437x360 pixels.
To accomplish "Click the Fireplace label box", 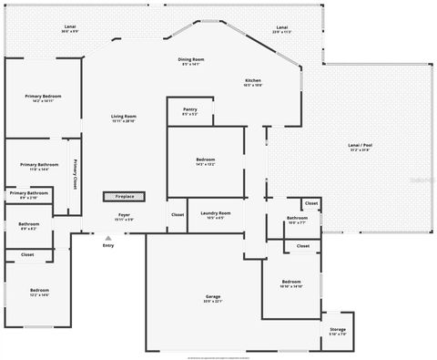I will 123,196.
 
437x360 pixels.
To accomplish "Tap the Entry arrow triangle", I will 108,238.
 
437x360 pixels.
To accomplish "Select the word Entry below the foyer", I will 108,245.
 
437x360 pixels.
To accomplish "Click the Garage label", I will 213,297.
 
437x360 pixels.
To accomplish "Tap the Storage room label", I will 338,330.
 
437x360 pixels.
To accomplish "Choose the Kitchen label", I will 253,81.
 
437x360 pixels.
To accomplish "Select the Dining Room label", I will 191,60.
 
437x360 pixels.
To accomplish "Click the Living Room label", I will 124,117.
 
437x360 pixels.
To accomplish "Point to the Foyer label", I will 124,216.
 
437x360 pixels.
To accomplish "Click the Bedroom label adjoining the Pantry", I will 206,160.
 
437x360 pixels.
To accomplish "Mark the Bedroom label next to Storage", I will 291,283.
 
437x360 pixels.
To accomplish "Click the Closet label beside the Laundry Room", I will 178,214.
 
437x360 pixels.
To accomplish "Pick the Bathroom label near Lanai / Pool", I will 297,219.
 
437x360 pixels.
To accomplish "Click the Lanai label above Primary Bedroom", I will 70,27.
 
